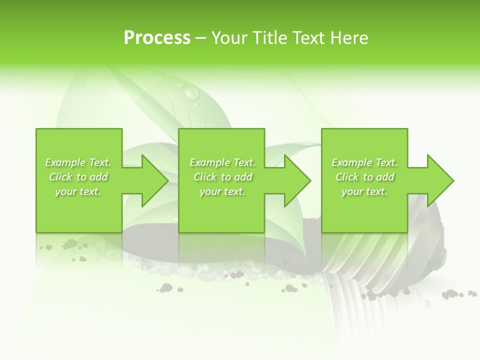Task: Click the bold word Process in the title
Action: click(157, 38)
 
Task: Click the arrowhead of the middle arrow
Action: click(297, 180)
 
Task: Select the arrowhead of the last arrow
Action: click(440, 180)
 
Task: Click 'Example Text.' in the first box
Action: click(78, 162)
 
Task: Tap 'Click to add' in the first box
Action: click(78, 177)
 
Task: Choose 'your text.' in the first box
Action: click(78, 191)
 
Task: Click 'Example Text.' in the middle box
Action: click(222, 162)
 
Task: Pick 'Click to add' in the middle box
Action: click(222, 177)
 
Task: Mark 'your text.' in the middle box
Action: click(222, 191)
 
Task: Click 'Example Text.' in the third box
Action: click(364, 162)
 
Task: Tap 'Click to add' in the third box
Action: click(364, 177)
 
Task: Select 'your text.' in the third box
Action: click(364, 191)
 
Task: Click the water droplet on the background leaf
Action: click(191, 92)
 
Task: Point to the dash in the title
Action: click(200, 38)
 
